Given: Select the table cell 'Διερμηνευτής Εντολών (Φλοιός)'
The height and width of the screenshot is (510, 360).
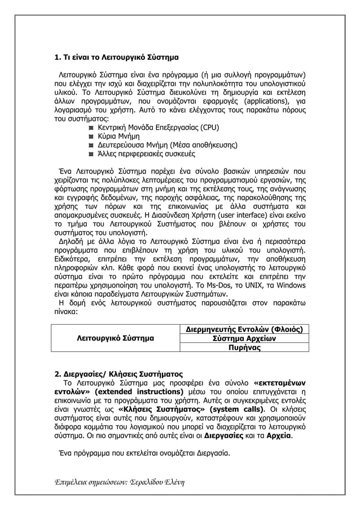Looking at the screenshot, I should point(243,329).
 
